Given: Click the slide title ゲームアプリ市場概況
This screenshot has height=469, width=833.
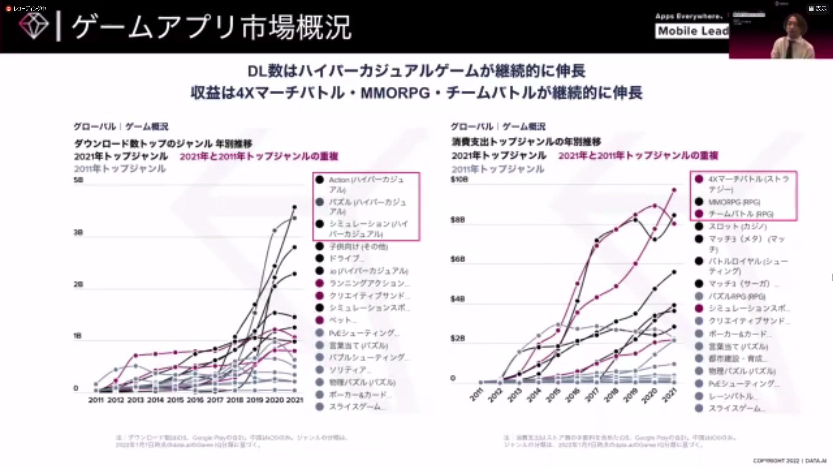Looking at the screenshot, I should [211, 27].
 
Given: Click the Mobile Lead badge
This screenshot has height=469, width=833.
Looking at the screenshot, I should [692, 31].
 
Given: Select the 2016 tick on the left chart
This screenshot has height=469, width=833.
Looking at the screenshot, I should [195, 400].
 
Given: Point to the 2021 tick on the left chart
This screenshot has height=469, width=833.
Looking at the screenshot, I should [295, 400].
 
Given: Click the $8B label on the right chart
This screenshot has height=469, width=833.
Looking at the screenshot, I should [457, 220].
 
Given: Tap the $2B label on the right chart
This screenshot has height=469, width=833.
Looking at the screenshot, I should [457, 338].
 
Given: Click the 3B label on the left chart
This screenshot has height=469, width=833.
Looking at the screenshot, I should [78, 232].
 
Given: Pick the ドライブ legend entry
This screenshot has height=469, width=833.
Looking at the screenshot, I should [346, 258].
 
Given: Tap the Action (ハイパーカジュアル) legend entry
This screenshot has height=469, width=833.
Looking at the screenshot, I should [366, 184].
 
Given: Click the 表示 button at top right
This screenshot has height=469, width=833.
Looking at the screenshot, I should [818, 8].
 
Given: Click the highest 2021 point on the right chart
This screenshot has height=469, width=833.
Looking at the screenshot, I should [674, 190].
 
